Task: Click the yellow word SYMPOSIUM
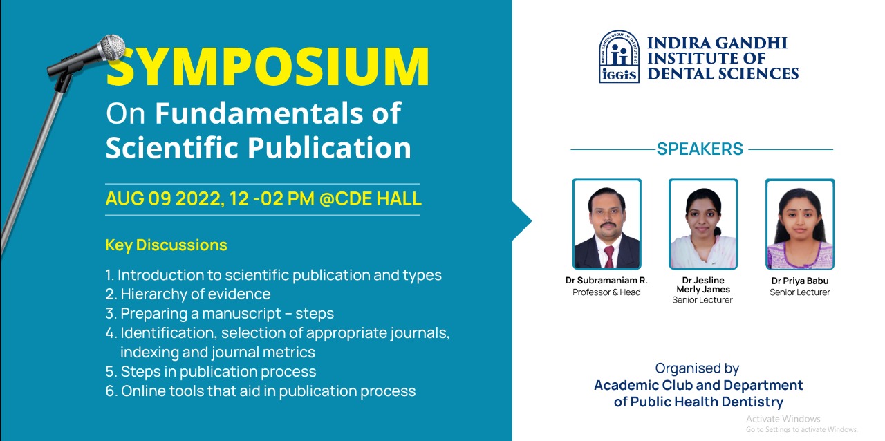[268, 66]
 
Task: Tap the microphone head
[112, 48]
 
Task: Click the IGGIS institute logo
[619, 57]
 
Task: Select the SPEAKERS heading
[700, 149]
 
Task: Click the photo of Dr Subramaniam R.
[607, 224]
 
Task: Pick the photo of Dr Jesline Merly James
[703, 224]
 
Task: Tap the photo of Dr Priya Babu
[800, 224]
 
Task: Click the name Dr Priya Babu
[800, 281]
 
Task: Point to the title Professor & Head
[606, 292]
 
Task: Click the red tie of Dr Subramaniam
[609, 256]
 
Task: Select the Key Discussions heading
[167, 245]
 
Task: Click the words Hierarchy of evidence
[196, 294]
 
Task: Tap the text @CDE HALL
[370, 198]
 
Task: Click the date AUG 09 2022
[164, 198]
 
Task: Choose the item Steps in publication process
[218, 372]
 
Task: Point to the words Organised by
[697, 368]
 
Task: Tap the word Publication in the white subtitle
[329, 147]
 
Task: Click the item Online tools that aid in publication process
[268, 391]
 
